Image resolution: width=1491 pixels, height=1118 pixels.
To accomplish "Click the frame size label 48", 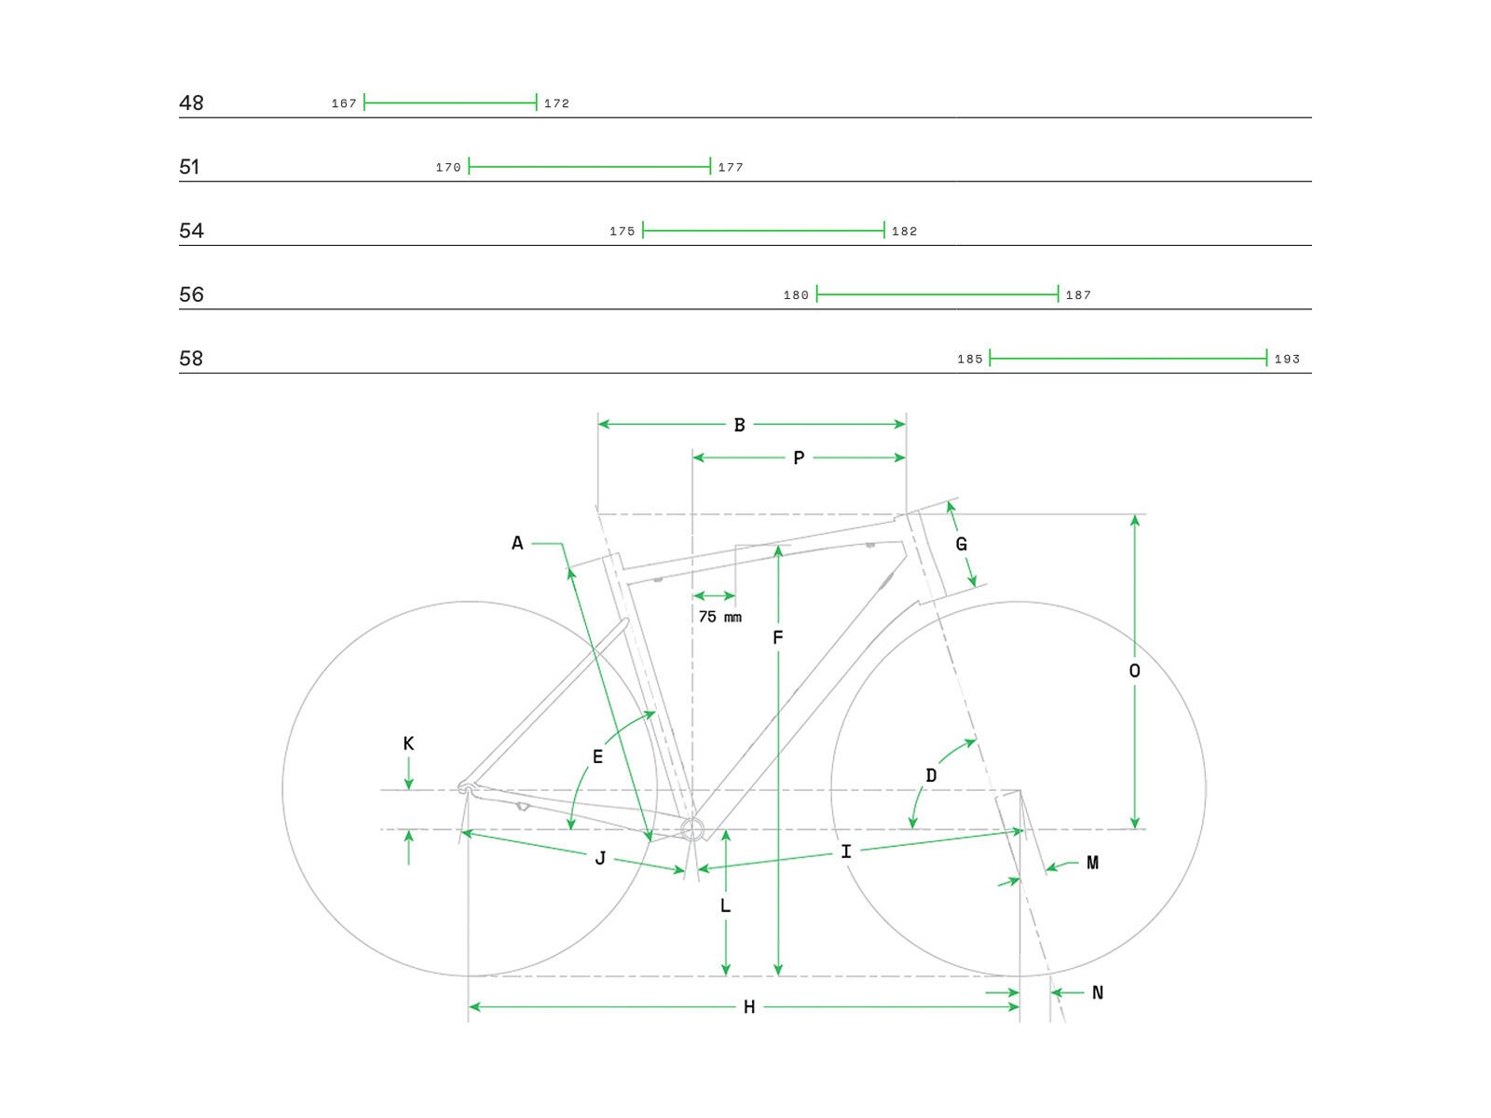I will [191, 102].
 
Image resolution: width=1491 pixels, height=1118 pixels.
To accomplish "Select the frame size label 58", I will [191, 359].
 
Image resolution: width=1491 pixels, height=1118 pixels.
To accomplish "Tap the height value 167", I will [344, 103].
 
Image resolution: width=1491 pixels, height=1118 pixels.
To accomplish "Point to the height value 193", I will [1287, 359].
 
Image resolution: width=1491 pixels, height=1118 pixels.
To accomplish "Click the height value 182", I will [904, 231].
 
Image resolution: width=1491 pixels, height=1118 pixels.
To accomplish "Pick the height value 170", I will [448, 168].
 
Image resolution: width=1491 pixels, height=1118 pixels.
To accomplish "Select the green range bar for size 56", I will [937, 294].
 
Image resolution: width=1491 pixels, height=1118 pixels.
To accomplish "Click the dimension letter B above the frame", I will [739, 425].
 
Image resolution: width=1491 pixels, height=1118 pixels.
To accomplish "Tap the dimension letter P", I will [799, 458].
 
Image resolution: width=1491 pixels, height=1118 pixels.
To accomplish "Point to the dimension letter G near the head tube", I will [962, 544].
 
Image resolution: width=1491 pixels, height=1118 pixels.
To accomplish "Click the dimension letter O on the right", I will [1134, 671].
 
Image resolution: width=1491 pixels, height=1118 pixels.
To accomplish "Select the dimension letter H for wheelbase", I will [749, 1007].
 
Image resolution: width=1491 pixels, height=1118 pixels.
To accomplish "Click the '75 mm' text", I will [719, 617].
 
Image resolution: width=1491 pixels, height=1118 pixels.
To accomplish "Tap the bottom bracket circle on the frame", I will [691, 828].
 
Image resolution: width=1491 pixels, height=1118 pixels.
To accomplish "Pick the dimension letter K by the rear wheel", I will [408, 743].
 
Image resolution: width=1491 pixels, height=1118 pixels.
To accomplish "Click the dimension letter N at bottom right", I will [1097, 993].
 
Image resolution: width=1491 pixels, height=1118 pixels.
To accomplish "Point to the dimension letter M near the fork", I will [1092, 864].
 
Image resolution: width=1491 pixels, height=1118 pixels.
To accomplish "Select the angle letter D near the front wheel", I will [931, 775].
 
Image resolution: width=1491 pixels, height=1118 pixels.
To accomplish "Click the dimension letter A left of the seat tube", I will [517, 543].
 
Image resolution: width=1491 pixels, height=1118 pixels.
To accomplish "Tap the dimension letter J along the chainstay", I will [600, 858].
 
